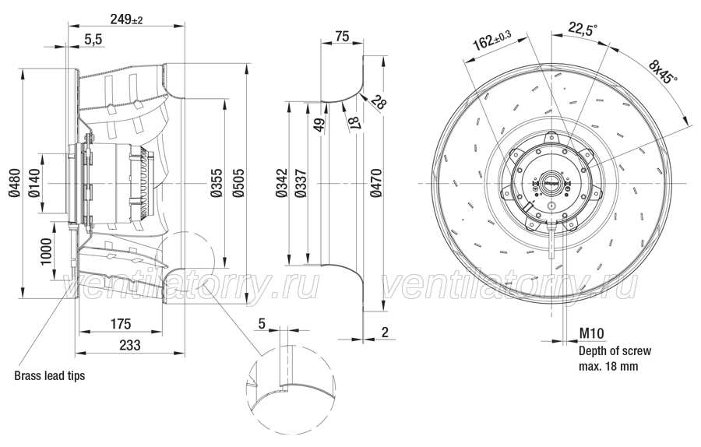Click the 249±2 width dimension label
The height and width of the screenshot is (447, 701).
click(x=126, y=19)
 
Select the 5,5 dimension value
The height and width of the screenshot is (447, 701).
click(x=93, y=40)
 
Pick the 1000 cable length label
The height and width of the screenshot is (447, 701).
click(x=46, y=252)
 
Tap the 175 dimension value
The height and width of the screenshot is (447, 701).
click(x=121, y=324)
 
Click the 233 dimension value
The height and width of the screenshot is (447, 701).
click(x=130, y=345)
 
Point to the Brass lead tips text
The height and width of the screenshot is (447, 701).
click(x=50, y=375)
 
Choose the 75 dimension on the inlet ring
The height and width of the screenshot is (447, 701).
click(x=342, y=36)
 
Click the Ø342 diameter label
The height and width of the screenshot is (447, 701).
click(x=280, y=182)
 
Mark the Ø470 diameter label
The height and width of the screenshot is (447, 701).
click(x=376, y=182)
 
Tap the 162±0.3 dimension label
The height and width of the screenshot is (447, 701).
click(x=492, y=41)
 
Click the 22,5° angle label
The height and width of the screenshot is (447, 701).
click(x=583, y=29)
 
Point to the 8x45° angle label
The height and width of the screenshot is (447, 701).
click(x=663, y=69)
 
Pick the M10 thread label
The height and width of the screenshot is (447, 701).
click(x=592, y=333)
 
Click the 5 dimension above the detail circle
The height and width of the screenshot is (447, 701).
click(x=262, y=323)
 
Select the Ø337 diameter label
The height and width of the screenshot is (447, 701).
click(x=301, y=182)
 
